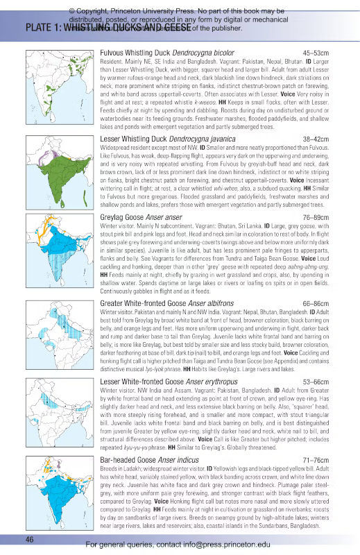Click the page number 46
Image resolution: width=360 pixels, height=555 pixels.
[30, 539]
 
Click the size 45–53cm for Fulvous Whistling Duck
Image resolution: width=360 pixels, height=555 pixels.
[320, 53]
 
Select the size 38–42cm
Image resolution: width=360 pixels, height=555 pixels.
[320, 139]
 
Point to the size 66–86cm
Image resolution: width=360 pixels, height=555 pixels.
[320, 303]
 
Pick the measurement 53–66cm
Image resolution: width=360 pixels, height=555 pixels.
[320, 382]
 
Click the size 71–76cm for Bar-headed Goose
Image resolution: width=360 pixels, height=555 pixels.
[320, 461]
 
